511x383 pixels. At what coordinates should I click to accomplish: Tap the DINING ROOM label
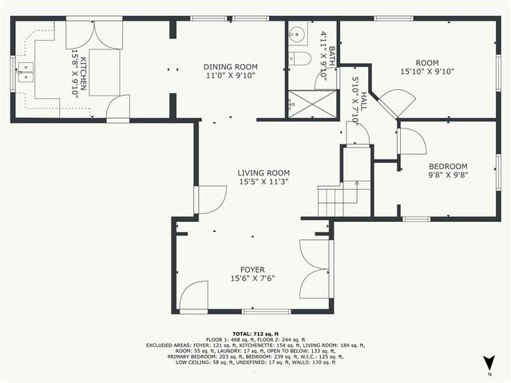point(228,67)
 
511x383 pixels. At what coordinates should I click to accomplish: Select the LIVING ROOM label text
point(263,172)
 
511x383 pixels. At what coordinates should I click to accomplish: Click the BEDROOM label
point(448,166)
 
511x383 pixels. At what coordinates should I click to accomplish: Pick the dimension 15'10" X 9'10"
point(427,70)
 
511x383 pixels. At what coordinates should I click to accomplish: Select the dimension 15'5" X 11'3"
point(263,182)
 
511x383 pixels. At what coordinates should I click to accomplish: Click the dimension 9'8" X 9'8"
point(448,176)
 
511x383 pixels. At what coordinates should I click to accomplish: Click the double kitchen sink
point(26,73)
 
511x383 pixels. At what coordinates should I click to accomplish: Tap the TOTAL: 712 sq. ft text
point(252,333)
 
